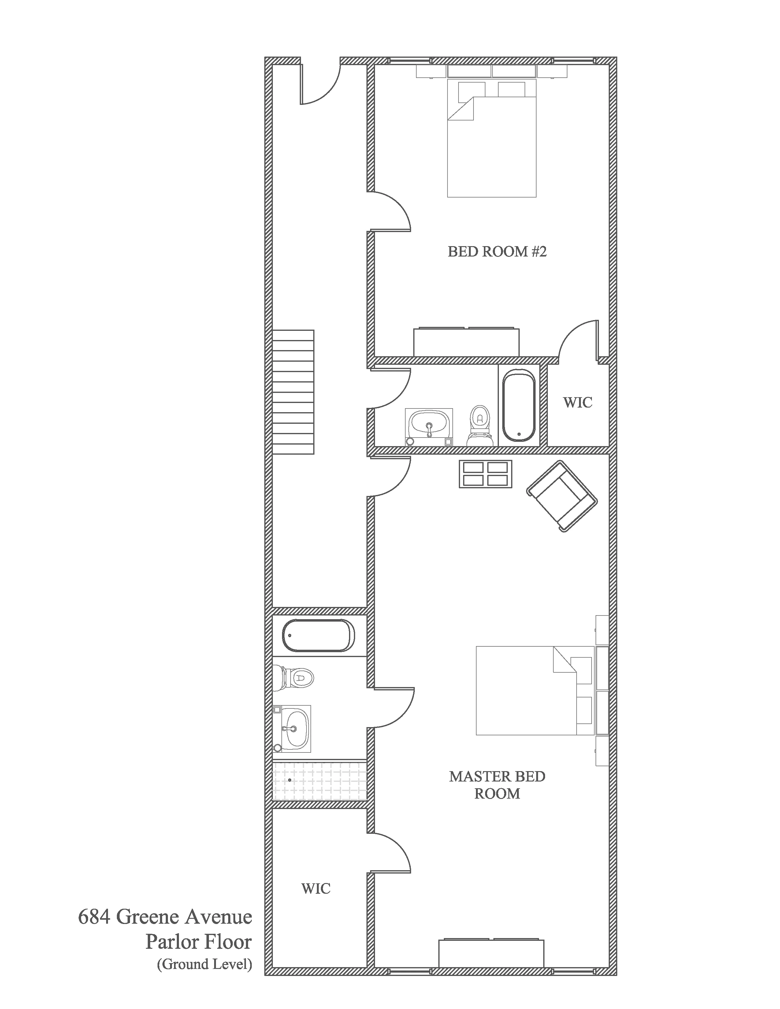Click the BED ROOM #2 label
pyautogui.click(x=497, y=252)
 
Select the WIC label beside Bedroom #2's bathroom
pyautogui.click(x=577, y=402)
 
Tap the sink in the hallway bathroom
pyautogui.click(x=429, y=424)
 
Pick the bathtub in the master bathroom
pyautogui.click(x=318, y=635)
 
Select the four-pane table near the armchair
pyautogui.click(x=485, y=474)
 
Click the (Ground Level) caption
pyautogui.click(x=204, y=964)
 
